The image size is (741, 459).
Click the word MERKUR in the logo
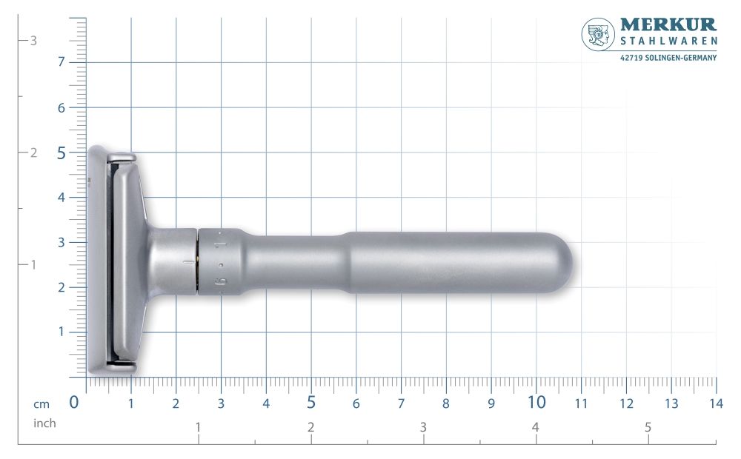[668, 25]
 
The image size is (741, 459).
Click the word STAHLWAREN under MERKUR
[668, 43]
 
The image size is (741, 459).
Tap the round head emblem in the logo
[598, 34]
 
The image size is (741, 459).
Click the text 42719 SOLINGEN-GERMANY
[668, 58]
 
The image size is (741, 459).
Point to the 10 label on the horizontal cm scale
[536, 402]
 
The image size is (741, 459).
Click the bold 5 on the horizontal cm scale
[311, 402]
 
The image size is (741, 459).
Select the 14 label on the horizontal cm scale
[715, 403]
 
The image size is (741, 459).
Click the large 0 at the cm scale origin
[74, 402]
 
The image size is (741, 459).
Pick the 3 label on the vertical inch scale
[33, 41]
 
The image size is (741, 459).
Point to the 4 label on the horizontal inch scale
[535, 427]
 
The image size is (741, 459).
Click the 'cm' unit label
[41, 403]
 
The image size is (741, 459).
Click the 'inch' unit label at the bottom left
[44, 423]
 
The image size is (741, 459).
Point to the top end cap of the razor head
[122, 157]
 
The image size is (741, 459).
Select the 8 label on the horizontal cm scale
[445, 403]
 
